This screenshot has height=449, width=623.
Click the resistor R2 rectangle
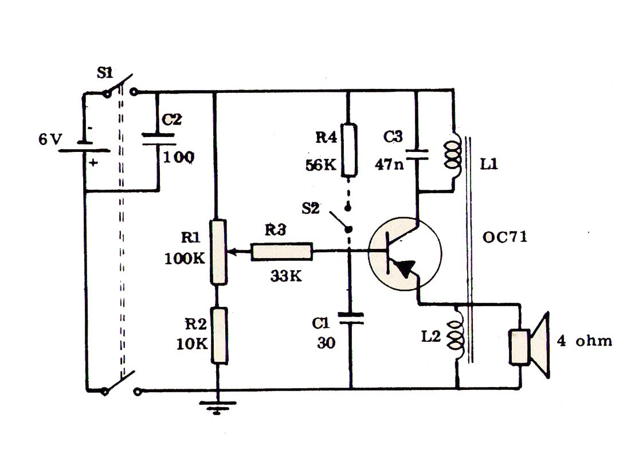(x=218, y=335)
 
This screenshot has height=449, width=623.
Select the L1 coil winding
(x=454, y=152)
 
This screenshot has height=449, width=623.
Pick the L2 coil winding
(x=457, y=334)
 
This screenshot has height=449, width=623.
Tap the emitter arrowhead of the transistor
(x=405, y=268)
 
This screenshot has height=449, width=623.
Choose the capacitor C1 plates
(x=350, y=318)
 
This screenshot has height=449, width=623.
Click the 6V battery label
(x=49, y=139)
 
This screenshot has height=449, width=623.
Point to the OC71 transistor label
(x=505, y=236)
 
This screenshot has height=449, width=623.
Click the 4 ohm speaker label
(x=585, y=341)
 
